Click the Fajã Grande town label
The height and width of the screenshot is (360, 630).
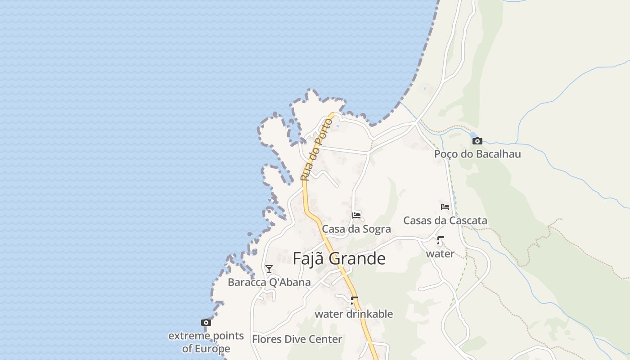coord(339,259)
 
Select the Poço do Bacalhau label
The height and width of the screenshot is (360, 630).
coord(477,154)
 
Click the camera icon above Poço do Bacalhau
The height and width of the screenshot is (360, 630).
coord(477,141)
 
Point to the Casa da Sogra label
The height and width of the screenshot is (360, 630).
coord(356,229)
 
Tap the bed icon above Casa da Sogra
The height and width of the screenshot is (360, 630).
coord(356,215)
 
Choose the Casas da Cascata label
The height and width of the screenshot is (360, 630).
coord(445,220)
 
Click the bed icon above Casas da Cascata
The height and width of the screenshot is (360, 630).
coord(445,207)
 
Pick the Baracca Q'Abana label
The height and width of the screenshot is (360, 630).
coord(269,283)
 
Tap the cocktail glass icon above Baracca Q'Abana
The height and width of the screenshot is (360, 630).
coord(269,269)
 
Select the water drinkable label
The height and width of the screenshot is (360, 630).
coord(354,314)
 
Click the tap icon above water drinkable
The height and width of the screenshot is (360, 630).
coord(354,300)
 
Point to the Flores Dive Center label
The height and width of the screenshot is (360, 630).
coord(297,339)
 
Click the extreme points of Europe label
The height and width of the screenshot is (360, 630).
coord(206,342)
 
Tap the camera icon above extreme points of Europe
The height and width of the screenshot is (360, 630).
coord(206,322)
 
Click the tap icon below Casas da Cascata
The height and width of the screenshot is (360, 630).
coord(440,240)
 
